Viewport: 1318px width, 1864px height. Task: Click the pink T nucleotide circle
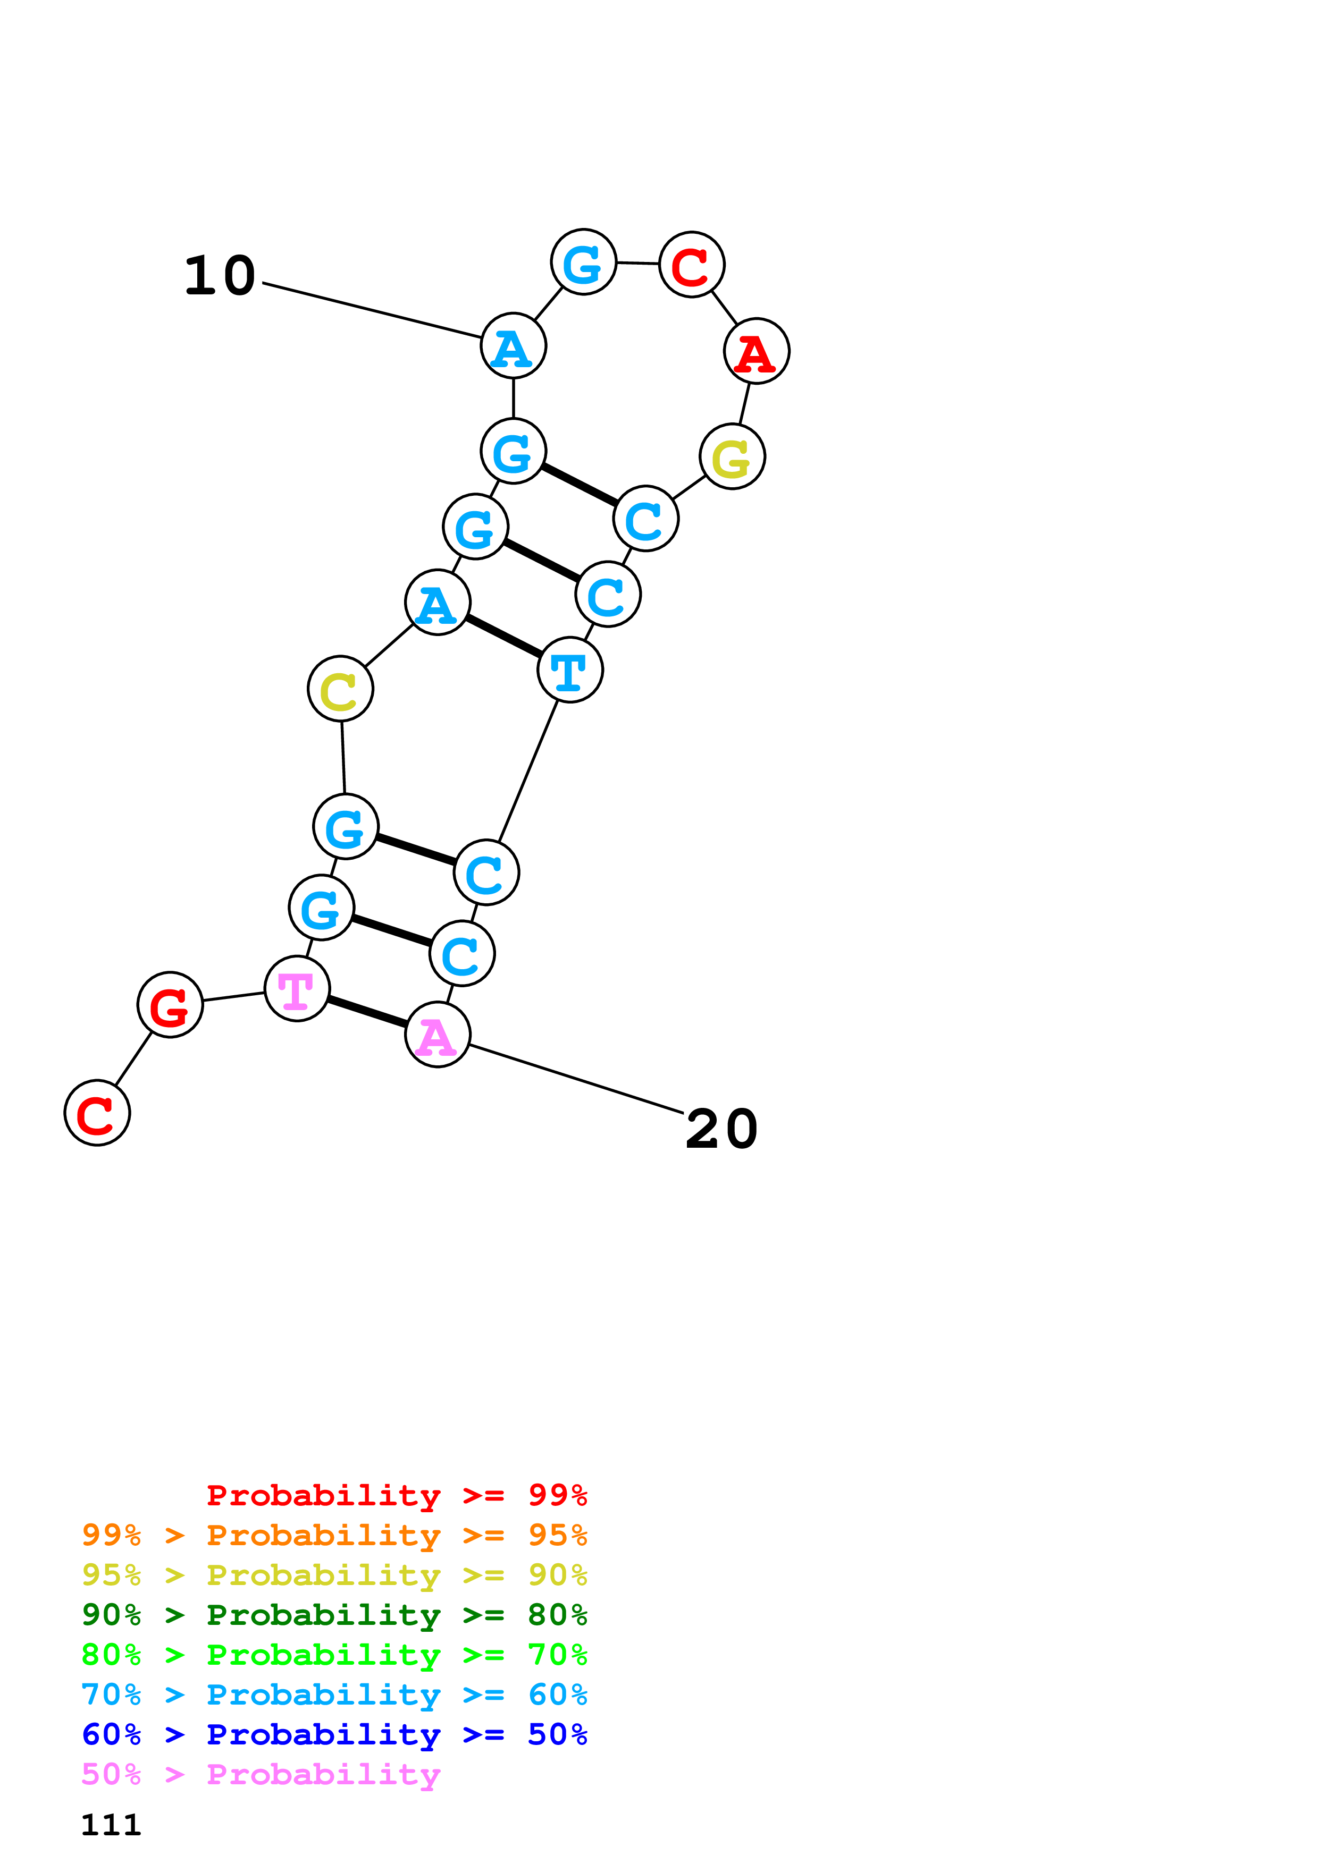pos(297,989)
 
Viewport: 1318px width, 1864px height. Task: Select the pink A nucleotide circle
pos(438,1035)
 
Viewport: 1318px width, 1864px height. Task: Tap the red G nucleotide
pos(170,1005)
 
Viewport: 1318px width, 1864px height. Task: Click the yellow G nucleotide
pos(733,457)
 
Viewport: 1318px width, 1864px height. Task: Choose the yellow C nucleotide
pos(340,689)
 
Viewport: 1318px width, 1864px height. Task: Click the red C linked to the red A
pos(692,265)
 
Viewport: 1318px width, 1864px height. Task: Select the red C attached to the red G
pos(97,1113)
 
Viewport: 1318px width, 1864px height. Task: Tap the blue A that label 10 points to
pos(513,346)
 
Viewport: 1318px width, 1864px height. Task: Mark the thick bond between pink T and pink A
pos(367,1012)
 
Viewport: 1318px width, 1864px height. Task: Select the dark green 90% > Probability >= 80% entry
pos(334,1615)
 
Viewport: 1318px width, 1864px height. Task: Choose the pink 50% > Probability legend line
pos(261,1775)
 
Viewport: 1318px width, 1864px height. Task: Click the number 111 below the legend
pos(111,1825)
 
